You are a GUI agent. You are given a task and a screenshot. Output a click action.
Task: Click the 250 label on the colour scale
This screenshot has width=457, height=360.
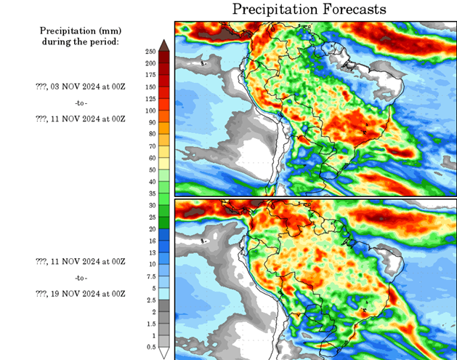click(x=150, y=52)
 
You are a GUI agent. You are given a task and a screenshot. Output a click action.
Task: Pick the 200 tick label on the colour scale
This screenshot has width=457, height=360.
click(x=150, y=63)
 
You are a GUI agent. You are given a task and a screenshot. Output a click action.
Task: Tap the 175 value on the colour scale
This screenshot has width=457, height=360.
click(x=150, y=75)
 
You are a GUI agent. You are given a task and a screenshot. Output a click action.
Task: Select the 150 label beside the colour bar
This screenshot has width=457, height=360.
click(x=150, y=87)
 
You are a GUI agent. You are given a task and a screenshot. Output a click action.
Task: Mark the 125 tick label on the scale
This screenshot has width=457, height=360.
click(x=150, y=99)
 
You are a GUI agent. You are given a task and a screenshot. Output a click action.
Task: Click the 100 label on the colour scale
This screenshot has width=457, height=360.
click(x=150, y=111)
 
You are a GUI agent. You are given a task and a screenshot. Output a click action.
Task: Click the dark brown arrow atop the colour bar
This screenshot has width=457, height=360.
click(x=164, y=46)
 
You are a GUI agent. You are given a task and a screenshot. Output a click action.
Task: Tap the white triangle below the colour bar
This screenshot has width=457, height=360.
click(x=164, y=353)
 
